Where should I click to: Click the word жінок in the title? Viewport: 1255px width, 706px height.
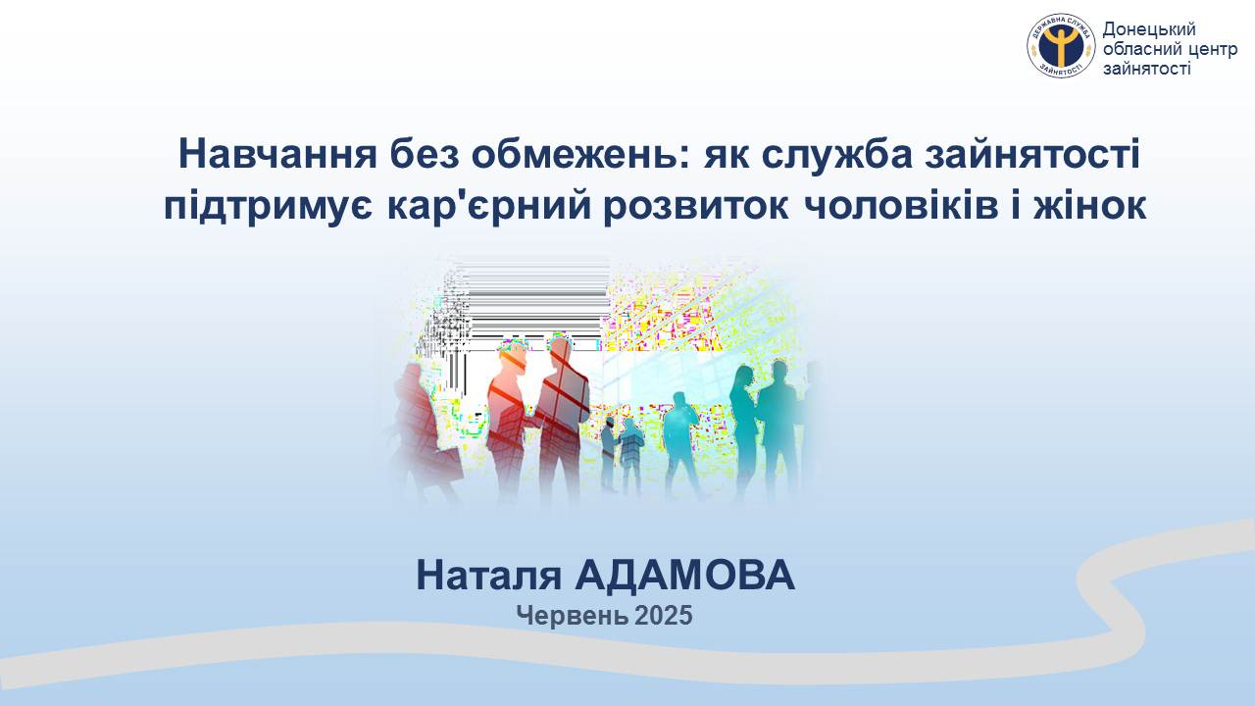tap(1090, 205)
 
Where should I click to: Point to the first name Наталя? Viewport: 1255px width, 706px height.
tap(488, 576)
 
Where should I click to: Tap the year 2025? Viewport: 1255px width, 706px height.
tap(664, 615)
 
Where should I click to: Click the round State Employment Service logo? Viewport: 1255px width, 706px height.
tap(1061, 46)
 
